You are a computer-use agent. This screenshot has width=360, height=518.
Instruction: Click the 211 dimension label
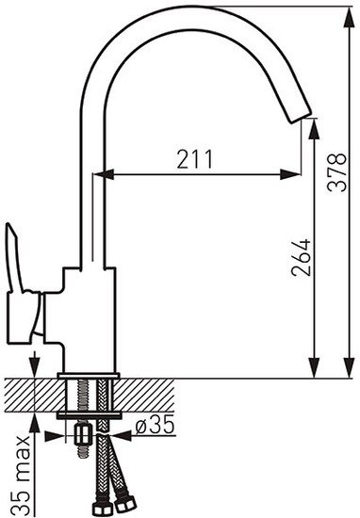coord(194,159)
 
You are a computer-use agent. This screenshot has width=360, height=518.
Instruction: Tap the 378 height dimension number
coord(336,172)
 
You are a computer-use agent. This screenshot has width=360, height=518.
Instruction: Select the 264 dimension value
coord(301,257)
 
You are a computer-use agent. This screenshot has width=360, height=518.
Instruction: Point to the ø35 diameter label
coord(155,424)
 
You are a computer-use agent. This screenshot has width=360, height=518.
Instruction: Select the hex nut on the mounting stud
coord(83,435)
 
